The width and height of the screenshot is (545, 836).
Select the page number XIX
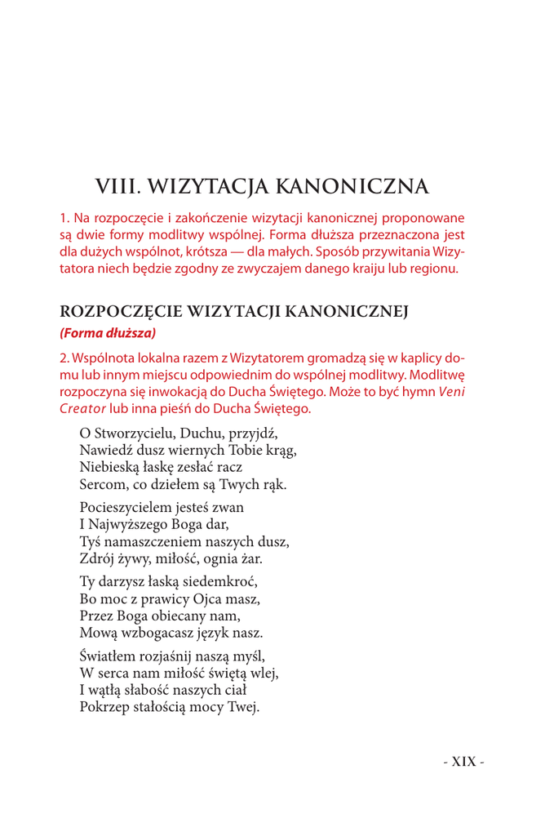(x=463, y=762)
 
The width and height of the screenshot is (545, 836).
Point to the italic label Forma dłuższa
(x=107, y=332)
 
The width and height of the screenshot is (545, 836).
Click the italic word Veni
(x=452, y=391)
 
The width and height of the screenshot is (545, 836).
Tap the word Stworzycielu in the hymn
(x=130, y=433)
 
